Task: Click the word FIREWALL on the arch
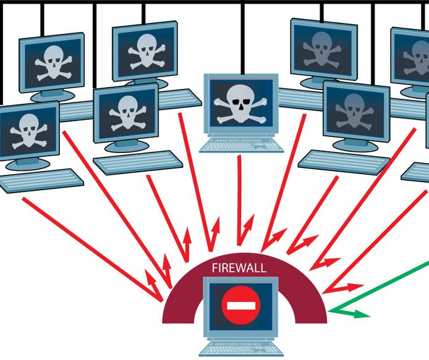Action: pyautogui.click(x=239, y=269)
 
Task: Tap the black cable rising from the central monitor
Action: pyautogui.click(x=242, y=37)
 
